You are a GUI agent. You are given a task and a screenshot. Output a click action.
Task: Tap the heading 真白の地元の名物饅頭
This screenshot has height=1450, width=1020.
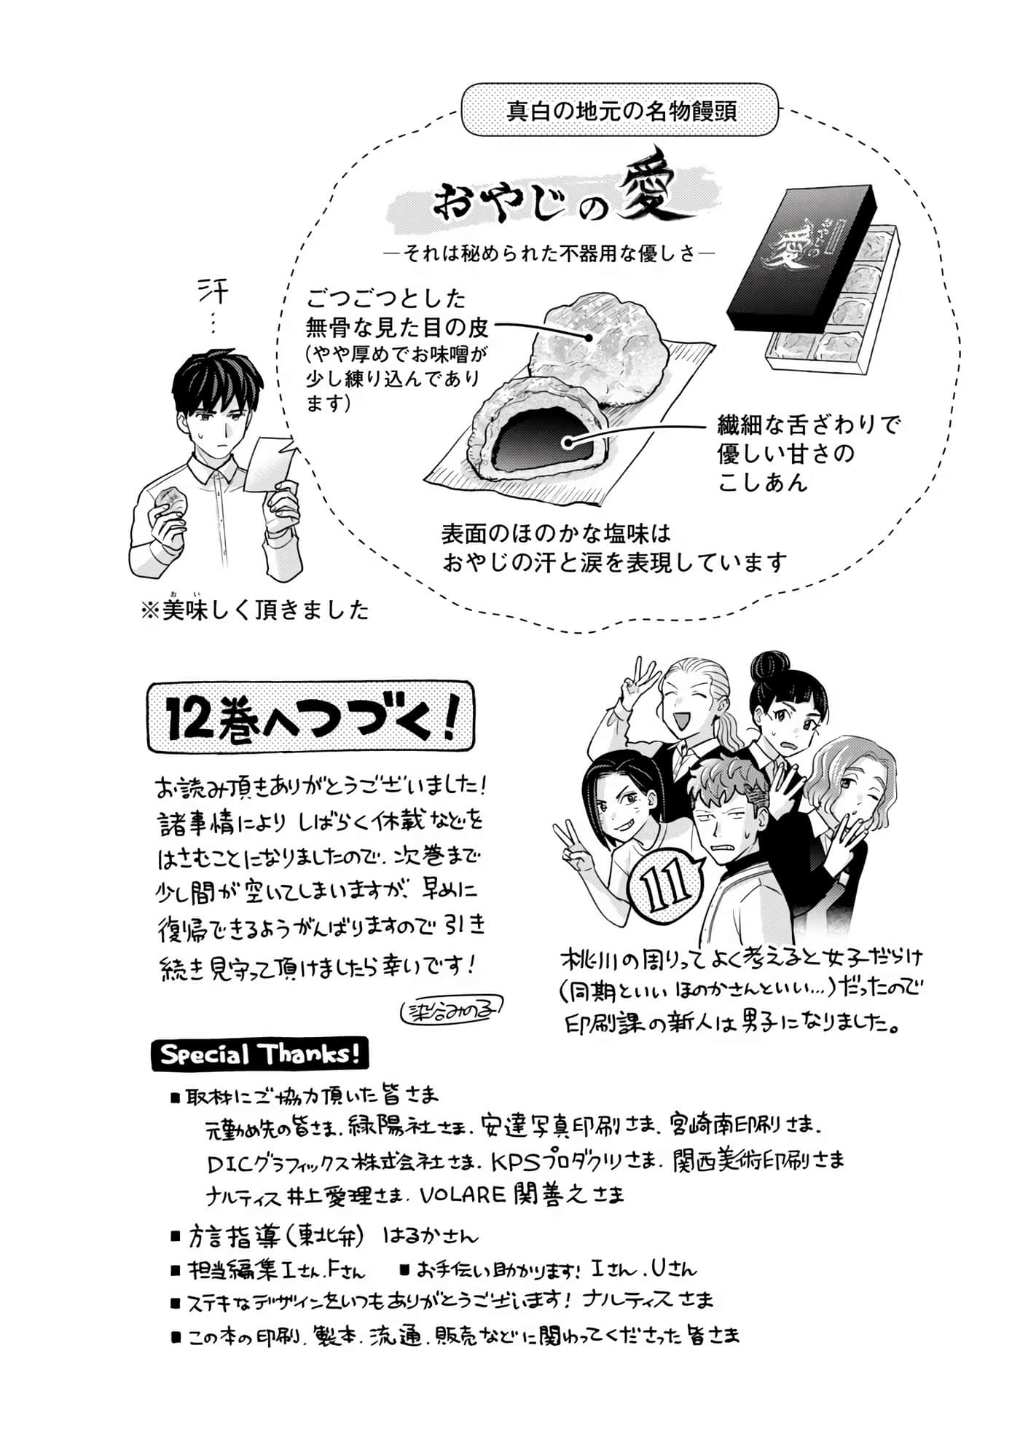coord(621,111)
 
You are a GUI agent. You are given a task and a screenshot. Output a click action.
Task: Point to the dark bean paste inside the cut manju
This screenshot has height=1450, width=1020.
coord(539,441)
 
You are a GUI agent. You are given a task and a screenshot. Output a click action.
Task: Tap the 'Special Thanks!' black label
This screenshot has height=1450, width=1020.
coord(259,1055)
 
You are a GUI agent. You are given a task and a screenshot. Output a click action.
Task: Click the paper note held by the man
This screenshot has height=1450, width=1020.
coord(270,463)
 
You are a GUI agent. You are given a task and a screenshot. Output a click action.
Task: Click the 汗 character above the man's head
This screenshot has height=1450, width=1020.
coord(213,293)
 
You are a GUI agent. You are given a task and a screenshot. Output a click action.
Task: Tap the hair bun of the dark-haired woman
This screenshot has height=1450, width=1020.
coord(769,666)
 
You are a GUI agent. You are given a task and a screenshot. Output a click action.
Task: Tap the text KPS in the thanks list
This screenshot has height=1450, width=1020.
coord(517,1161)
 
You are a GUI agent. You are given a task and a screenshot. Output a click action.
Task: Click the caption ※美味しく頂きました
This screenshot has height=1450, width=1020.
coord(255,610)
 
